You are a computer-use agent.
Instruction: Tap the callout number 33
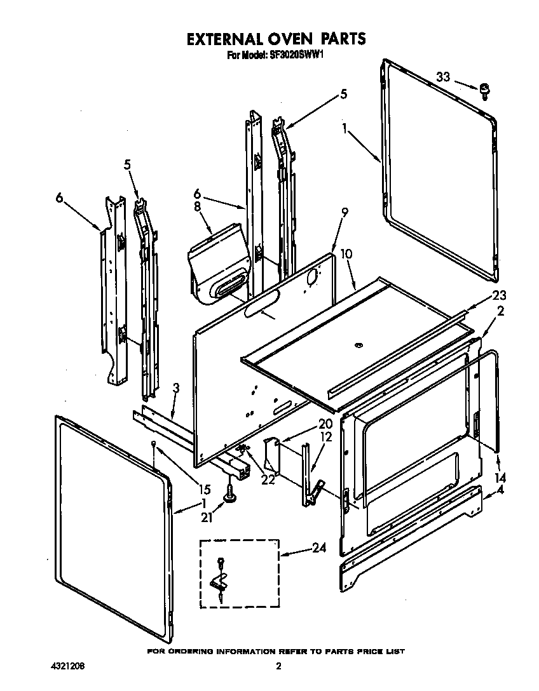coord(443,77)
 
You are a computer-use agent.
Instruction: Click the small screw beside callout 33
coord(484,91)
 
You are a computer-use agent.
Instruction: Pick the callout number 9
coord(345,213)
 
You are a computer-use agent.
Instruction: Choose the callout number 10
coord(346,254)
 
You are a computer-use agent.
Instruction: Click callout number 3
coord(176,387)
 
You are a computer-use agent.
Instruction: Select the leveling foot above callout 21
coord(227,490)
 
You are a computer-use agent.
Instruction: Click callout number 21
coord(206,518)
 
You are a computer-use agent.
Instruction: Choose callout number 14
coord(501,477)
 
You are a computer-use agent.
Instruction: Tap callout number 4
coord(502,490)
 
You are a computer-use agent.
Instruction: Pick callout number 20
coord(325,424)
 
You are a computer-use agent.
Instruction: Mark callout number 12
coord(325,437)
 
